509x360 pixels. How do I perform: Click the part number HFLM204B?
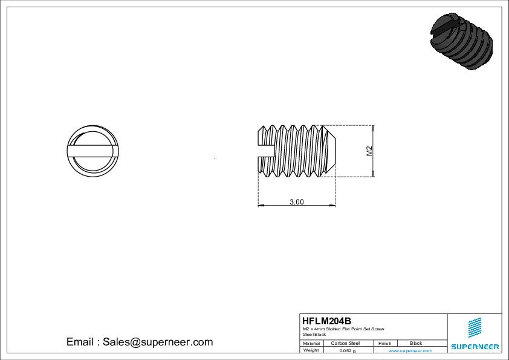pyautogui.click(x=326, y=321)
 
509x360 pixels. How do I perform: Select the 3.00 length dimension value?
pyautogui.click(x=296, y=202)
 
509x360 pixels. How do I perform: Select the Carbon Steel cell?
pyautogui.click(x=345, y=343)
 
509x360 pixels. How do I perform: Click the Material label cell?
pyautogui.click(x=311, y=343)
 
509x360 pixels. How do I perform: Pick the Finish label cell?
pyautogui.click(x=384, y=343)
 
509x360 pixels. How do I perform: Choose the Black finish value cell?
pyautogui.click(x=416, y=343)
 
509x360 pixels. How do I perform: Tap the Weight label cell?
pyautogui.click(x=311, y=350)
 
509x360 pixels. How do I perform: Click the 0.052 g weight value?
pyautogui.click(x=347, y=350)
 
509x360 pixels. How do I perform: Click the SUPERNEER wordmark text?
pyautogui.click(x=475, y=347)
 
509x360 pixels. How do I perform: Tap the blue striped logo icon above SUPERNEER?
pyautogui.click(x=475, y=328)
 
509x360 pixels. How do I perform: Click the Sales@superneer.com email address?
pyautogui.click(x=158, y=342)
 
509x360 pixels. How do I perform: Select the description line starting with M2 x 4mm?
pyautogui.click(x=343, y=329)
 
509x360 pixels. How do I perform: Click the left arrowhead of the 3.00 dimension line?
pyautogui.click(x=261, y=206)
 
